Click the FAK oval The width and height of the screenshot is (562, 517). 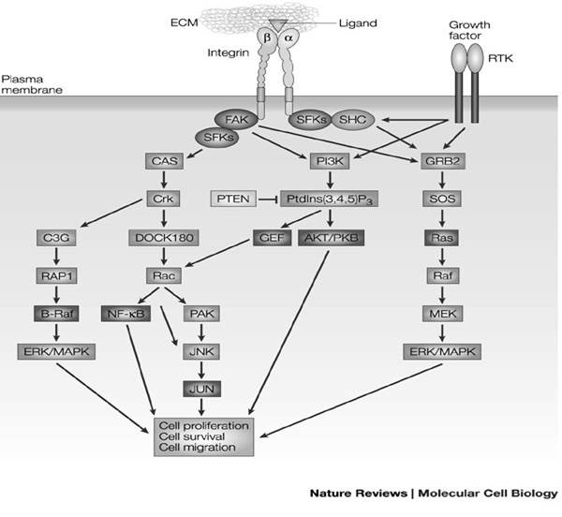tap(236, 119)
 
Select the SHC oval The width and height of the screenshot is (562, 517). tap(353, 119)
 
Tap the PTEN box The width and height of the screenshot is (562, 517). tap(233, 199)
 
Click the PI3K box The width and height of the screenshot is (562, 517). tap(330, 161)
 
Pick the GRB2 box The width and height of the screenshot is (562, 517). tap(442, 161)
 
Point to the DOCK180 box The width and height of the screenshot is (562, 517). tap(164, 238)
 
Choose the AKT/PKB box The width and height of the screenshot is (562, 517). tap(332, 238)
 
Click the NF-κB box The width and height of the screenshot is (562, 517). tap(126, 314)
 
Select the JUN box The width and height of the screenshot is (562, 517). tap(201, 389)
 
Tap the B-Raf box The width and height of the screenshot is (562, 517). tap(56, 314)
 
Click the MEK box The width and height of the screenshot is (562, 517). tap(443, 314)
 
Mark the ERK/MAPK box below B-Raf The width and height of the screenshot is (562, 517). tap(56, 351)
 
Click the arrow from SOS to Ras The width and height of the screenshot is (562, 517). tap(442, 218)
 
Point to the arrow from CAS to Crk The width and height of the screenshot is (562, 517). tap(164, 180)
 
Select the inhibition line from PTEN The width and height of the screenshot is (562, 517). tap(269, 199)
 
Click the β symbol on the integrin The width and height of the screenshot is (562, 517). tap(267, 37)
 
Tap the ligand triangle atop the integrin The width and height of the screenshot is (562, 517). tap(278, 25)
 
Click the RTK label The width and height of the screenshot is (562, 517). tap(500, 58)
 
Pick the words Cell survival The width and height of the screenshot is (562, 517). tap(192, 436)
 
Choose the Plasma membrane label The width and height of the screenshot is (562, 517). tap(32, 84)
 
